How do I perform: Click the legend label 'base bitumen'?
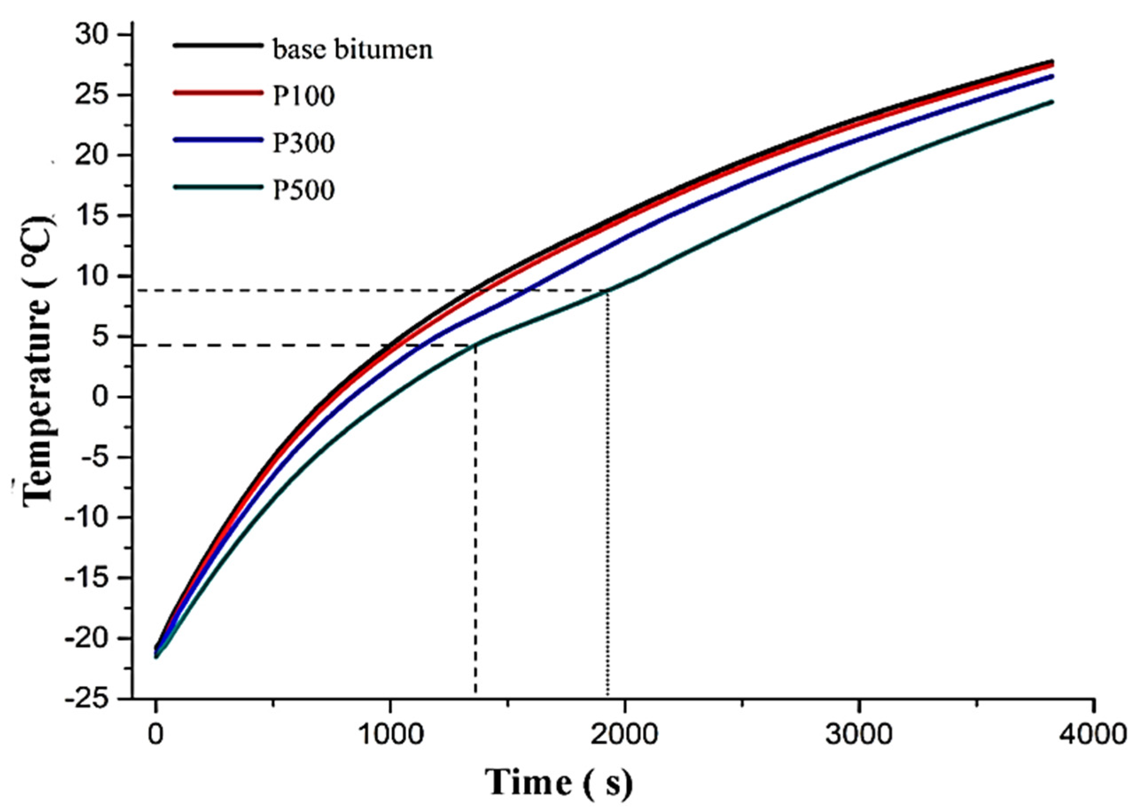tap(352, 50)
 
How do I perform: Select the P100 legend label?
tap(303, 96)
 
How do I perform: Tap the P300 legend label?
tap(303, 143)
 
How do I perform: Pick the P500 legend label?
tap(303, 190)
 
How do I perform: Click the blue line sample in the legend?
tap(218, 140)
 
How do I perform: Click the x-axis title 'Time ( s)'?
tap(559, 782)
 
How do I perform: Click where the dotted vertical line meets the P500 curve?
tap(607, 291)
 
